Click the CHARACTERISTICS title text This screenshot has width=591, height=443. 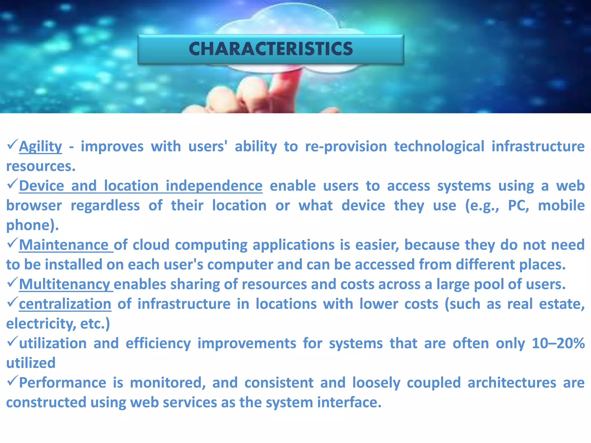coord(271,49)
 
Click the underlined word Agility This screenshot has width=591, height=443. coord(40,147)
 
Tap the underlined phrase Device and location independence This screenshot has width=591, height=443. coord(141,186)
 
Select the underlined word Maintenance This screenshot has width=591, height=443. coord(64,245)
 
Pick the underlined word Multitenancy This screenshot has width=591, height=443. coord(64,285)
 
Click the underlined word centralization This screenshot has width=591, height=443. coord(65,304)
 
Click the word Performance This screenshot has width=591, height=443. coord(63,383)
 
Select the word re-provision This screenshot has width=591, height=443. coord(346,147)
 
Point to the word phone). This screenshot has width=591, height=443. coord(32,226)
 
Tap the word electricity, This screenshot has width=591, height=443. coord(40,324)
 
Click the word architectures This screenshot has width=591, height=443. coord(512,383)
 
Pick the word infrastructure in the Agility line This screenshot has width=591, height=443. coord(538,147)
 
